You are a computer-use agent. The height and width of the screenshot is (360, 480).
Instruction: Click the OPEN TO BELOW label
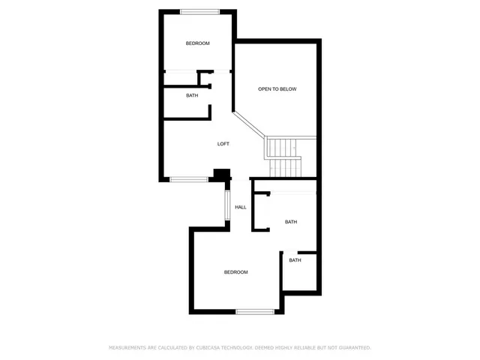click(277, 89)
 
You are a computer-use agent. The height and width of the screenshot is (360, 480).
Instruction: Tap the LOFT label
click(223, 144)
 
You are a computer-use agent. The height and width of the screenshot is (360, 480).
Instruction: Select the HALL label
click(241, 207)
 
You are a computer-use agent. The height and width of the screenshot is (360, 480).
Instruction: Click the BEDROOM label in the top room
click(198, 43)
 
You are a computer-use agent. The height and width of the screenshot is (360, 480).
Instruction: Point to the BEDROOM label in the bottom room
click(235, 272)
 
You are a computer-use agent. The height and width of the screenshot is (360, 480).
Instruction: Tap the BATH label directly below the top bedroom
click(193, 95)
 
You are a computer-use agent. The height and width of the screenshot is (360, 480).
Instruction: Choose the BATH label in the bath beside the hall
click(291, 222)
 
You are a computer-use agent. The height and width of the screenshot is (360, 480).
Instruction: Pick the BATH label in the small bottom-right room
click(295, 260)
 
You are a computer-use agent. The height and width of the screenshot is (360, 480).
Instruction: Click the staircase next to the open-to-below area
click(283, 157)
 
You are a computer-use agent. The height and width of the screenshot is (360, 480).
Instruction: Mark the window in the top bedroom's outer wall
click(200, 10)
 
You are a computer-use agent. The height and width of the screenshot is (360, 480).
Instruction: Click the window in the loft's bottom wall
click(188, 178)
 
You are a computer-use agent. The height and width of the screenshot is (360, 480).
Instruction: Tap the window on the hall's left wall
click(226, 207)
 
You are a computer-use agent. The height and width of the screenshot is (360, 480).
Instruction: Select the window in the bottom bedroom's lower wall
click(255, 311)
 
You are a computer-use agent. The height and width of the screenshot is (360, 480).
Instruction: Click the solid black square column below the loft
click(220, 175)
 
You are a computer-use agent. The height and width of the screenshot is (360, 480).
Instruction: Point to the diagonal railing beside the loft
click(249, 124)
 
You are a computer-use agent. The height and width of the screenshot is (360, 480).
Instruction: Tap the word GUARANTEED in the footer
click(353, 348)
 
